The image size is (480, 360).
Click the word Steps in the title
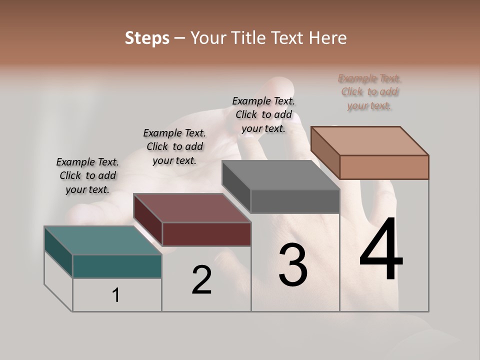147,38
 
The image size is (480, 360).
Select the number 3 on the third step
293,265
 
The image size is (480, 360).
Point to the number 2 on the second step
201,280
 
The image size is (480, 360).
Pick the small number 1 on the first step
116,295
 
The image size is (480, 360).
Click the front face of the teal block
117,266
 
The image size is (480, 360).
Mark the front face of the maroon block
206,234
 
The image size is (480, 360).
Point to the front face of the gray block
295,201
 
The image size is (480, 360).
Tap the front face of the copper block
384,167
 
